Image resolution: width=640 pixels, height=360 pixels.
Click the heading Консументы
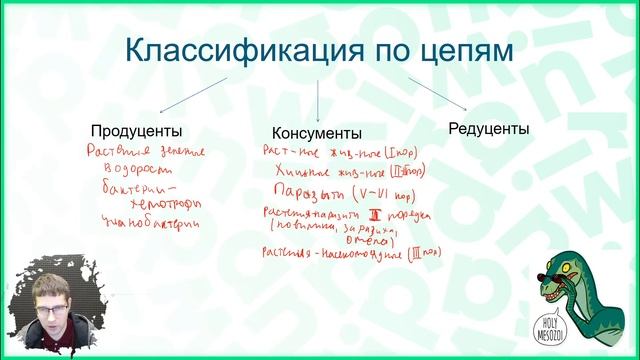(317, 133)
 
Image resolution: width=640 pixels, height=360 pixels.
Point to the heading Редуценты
(488, 129)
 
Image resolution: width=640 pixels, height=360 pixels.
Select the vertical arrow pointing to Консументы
(318, 100)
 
